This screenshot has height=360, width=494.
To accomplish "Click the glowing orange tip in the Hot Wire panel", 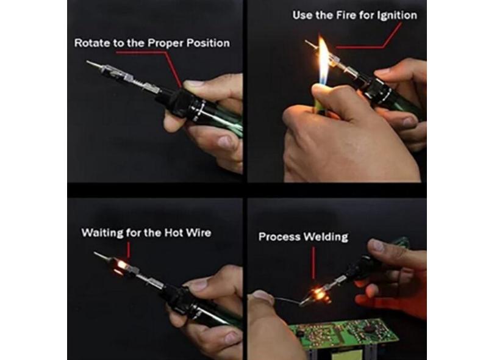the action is [121, 267].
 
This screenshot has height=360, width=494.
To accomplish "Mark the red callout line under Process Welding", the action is [313, 262].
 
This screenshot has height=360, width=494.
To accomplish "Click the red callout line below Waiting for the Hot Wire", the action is [129, 251].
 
